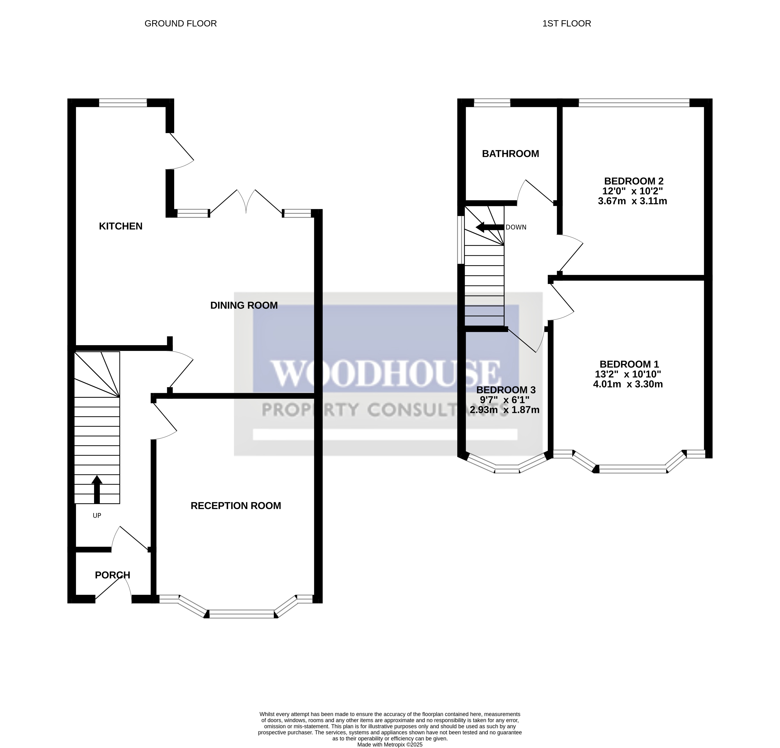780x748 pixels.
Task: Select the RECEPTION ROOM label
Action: click(236, 506)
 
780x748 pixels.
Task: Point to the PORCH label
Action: click(113, 575)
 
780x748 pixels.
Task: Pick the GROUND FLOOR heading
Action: click(180, 24)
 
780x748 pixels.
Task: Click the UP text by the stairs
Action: click(97, 516)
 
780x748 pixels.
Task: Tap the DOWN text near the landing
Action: click(516, 227)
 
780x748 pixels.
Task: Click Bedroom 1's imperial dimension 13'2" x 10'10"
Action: click(628, 374)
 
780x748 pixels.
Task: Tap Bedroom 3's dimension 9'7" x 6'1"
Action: click(505, 399)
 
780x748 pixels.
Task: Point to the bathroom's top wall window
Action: click(492, 103)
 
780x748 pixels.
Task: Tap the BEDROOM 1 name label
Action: click(629, 364)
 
